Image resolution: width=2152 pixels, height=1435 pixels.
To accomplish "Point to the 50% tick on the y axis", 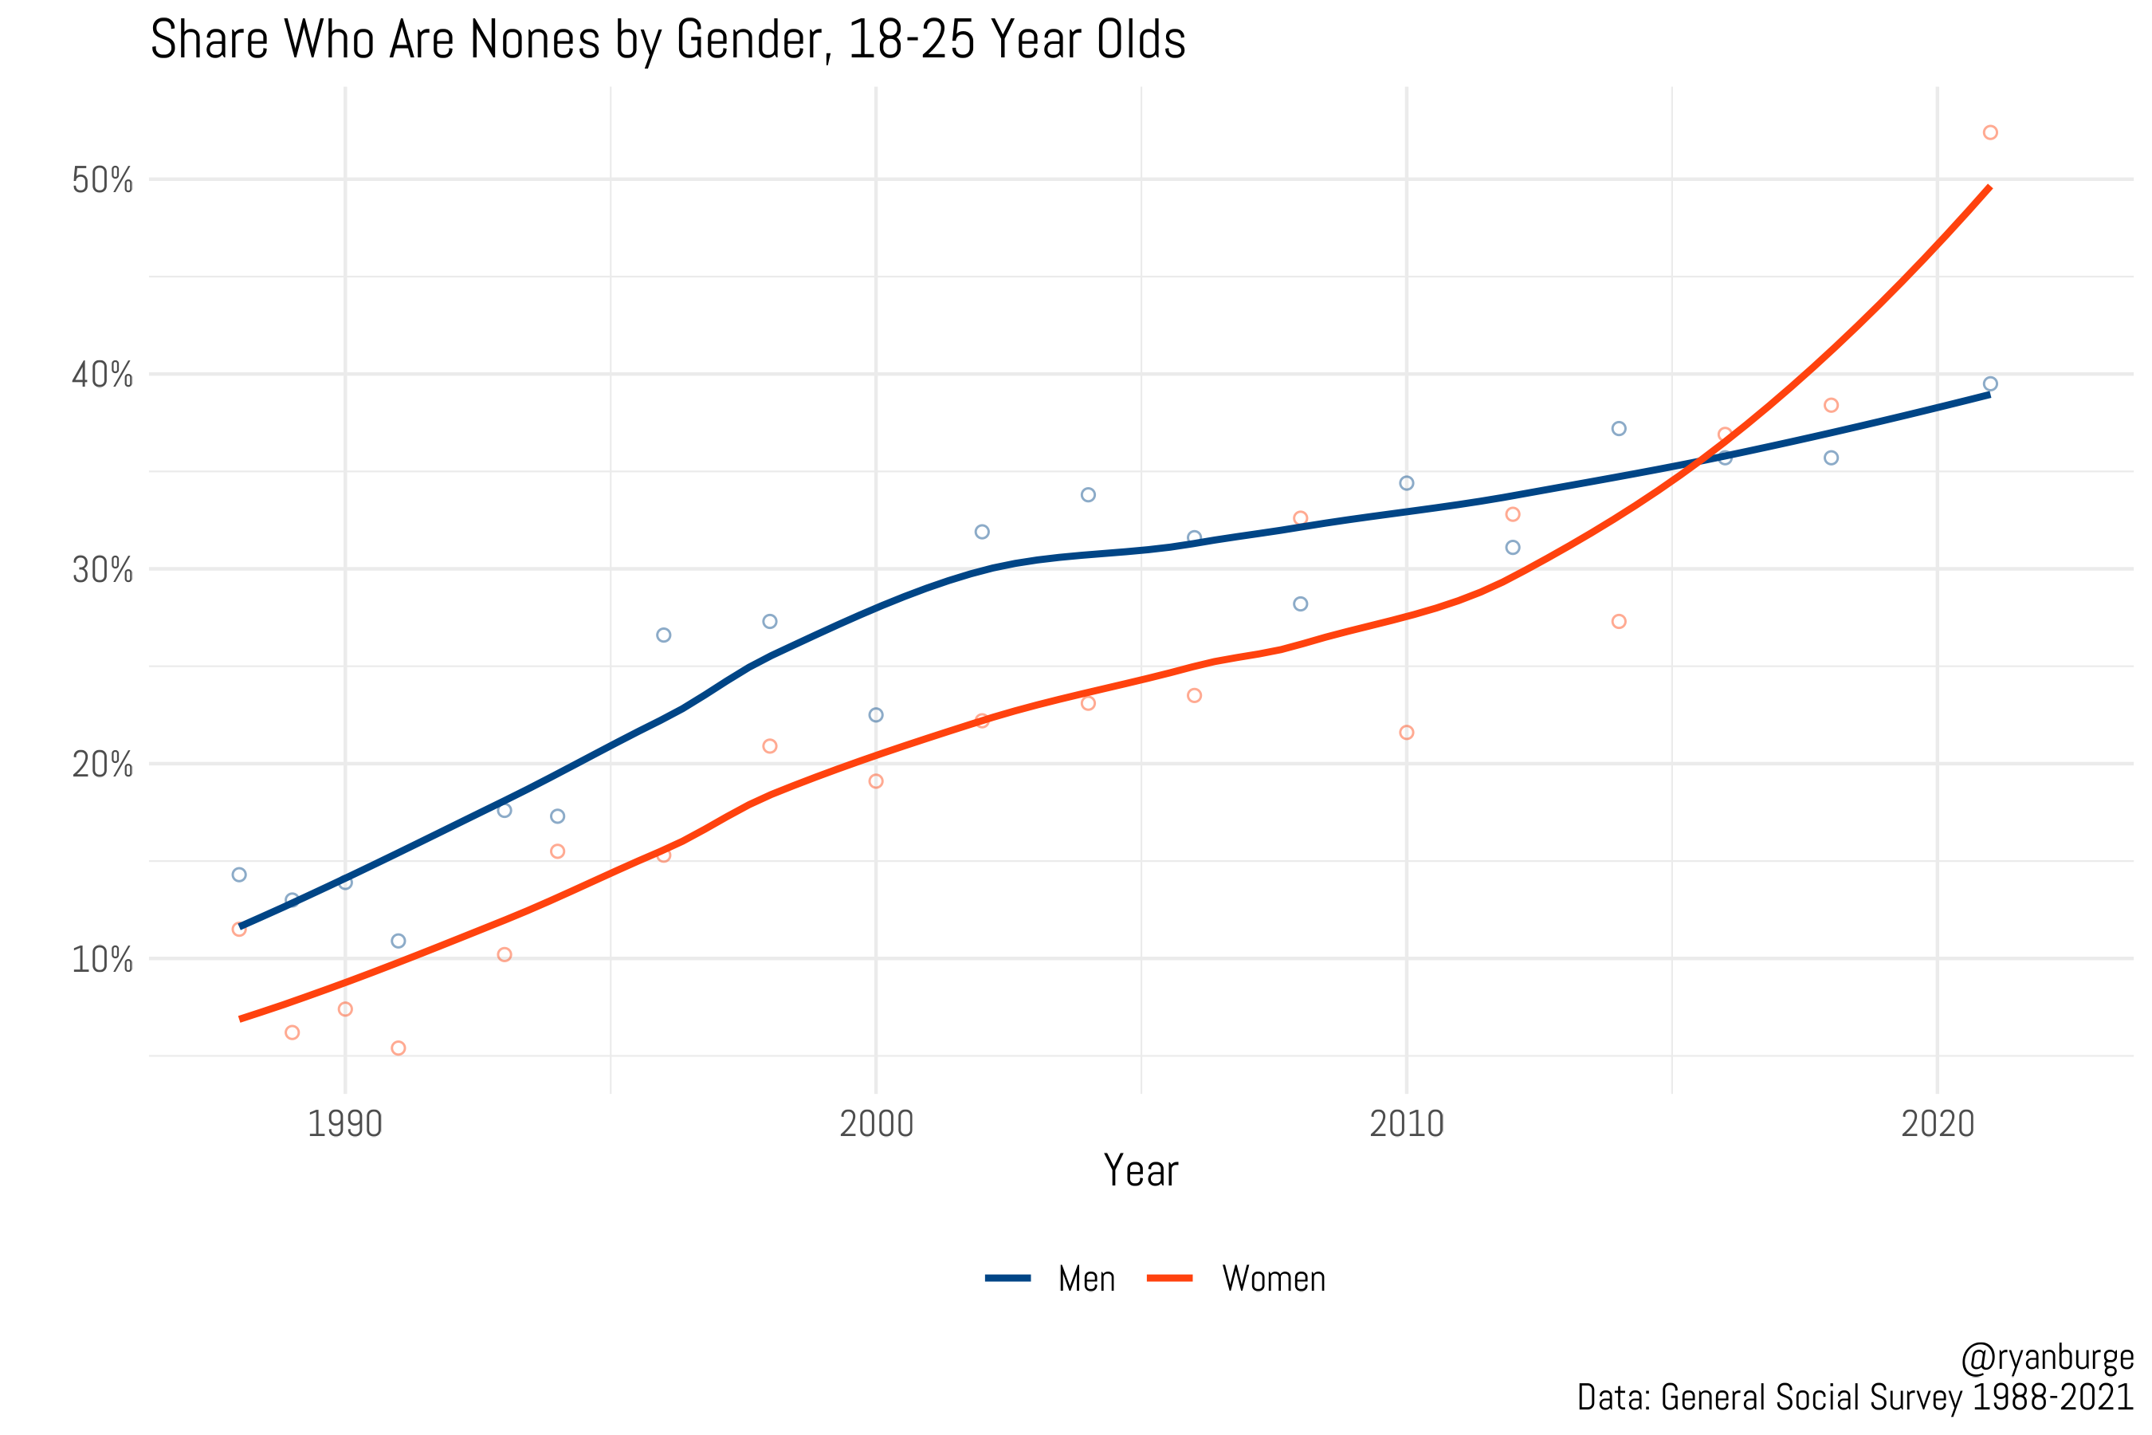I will [x=103, y=180].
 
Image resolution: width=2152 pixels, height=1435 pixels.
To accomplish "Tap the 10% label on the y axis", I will [x=103, y=959].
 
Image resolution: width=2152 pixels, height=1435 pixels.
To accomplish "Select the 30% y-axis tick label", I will [x=103, y=570].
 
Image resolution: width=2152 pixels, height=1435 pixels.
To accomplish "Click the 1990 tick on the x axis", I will [x=345, y=1124].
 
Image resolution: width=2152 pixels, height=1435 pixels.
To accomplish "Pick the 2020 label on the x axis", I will [x=1937, y=1124].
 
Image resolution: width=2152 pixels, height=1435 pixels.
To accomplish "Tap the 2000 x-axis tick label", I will [x=876, y=1124].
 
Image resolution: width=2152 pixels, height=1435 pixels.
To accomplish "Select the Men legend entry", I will [x=1085, y=1279].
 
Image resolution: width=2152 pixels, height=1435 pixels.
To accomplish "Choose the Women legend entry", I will [x=1273, y=1279].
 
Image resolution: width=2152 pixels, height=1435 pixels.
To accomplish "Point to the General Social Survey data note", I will [x=1855, y=1398].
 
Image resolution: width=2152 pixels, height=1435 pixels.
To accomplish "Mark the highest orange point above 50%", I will [x=1990, y=132].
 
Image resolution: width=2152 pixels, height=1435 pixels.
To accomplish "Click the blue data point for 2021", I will [x=1990, y=384].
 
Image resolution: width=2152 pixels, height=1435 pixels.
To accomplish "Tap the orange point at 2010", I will [x=1406, y=732].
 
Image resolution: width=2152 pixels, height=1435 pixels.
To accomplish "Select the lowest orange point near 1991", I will [x=398, y=1048].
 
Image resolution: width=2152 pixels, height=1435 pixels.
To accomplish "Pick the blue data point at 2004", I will [x=1088, y=495].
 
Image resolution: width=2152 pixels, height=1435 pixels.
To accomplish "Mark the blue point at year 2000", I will [x=876, y=715].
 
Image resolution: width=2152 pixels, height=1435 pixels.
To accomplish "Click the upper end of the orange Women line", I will [x=1989, y=188].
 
